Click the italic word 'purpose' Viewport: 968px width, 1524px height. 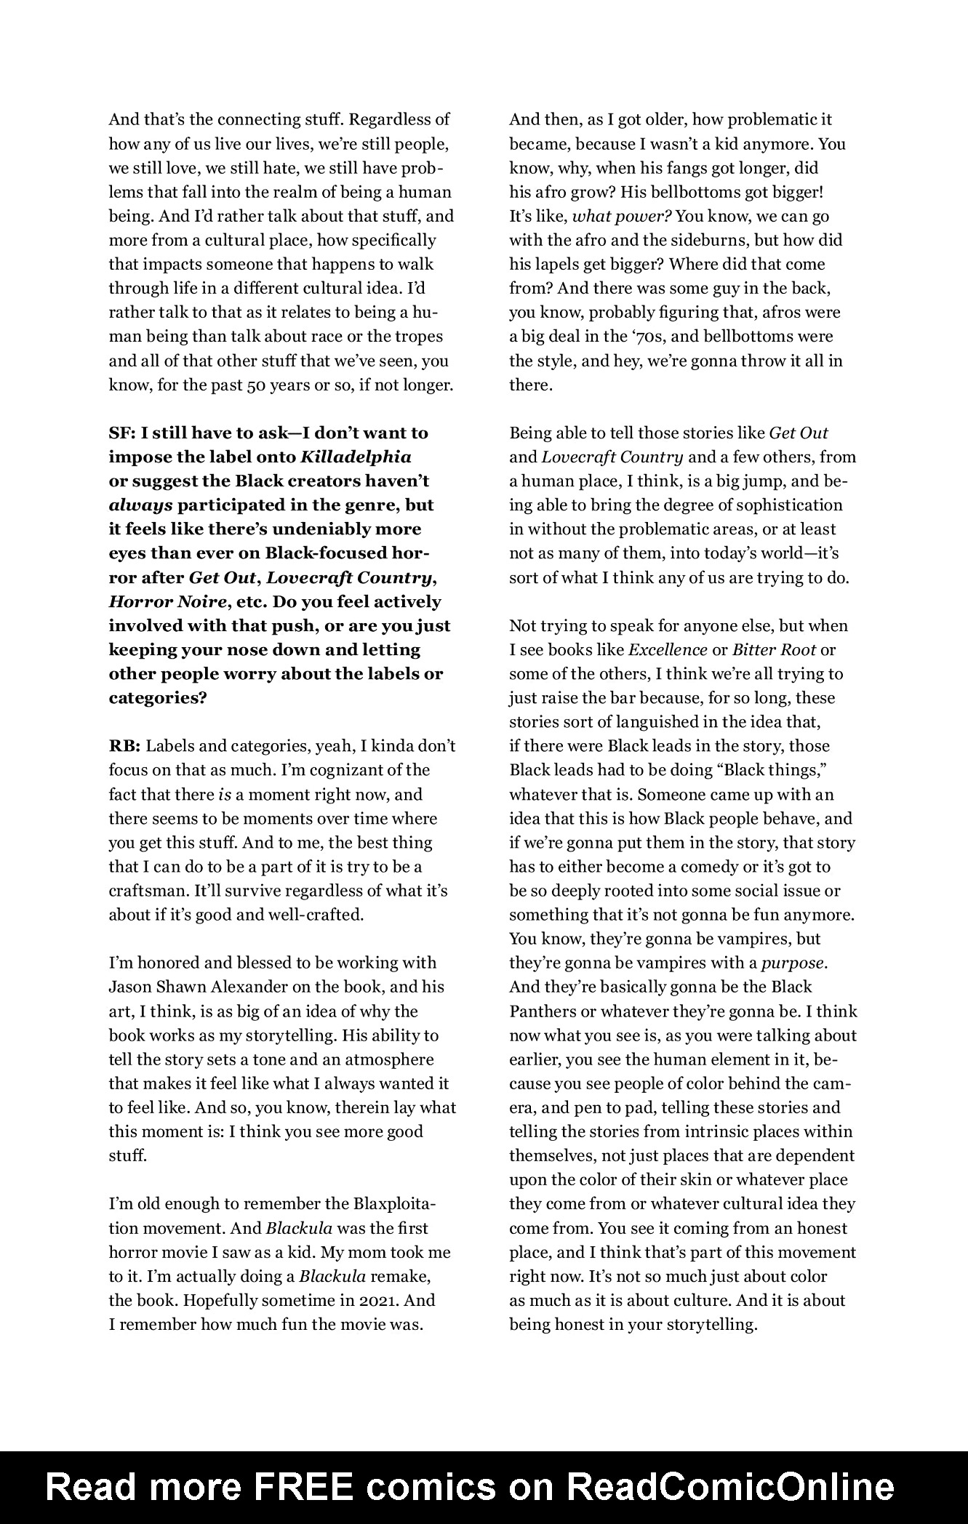(x=793, y=963)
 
